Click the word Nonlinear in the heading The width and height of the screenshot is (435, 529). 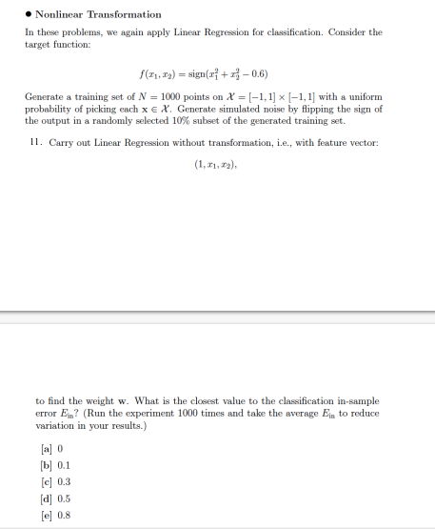click(x=59, y=14)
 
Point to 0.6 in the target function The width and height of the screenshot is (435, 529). click(x=258, y=72)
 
